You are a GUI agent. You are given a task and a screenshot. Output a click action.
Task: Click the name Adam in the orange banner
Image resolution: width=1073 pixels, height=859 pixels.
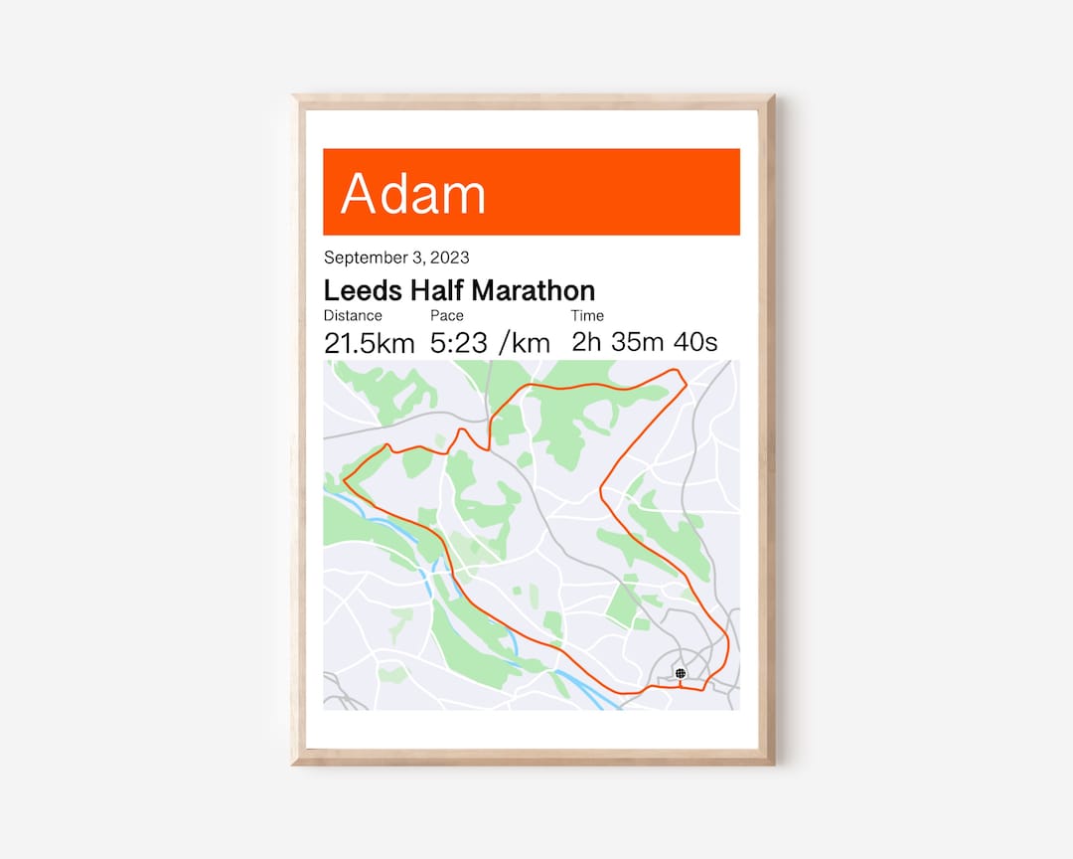click(413, 194)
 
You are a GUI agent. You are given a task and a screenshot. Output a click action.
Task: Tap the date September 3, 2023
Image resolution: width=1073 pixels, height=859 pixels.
click(396, 258)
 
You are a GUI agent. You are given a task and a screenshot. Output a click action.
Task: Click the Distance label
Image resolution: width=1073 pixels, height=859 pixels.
click(353, 316)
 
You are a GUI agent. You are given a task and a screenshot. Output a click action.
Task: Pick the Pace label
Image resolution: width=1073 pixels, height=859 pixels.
click(447, 316)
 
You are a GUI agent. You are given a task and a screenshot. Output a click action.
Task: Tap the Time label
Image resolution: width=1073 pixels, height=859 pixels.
click(587, 316)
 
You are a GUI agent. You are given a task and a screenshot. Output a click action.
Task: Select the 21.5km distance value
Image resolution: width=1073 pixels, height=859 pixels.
click(369, 344)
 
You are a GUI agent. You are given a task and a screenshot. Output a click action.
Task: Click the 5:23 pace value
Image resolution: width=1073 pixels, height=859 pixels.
click(460, 344)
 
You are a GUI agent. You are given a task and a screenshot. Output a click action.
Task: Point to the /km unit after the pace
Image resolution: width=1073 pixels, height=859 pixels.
click(525, 344)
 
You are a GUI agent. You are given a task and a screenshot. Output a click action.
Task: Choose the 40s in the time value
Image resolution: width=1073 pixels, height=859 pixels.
click(695, 343)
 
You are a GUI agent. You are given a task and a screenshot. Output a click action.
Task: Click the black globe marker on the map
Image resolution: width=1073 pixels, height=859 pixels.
click(681, 673)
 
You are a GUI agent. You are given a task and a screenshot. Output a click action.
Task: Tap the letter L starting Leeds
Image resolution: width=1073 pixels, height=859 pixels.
click(331, 290)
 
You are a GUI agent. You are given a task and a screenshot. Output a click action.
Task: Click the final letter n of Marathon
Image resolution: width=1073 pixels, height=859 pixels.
click(588, 291)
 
